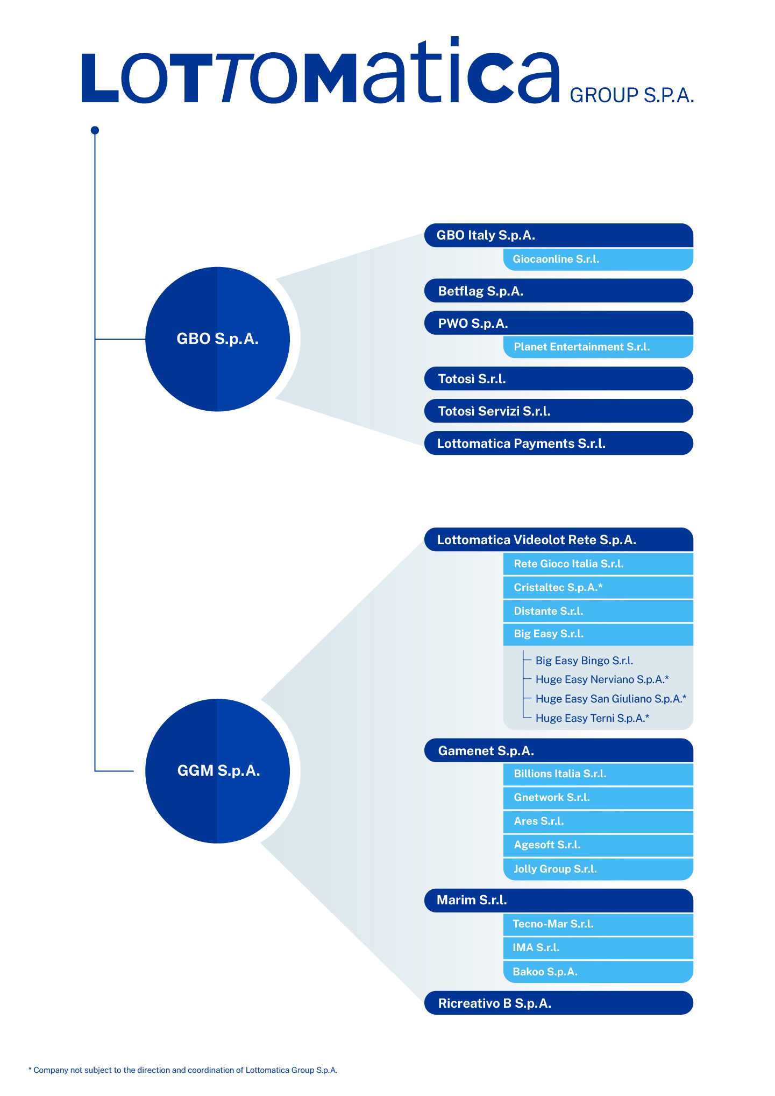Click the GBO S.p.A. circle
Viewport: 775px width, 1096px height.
tap(217, 339)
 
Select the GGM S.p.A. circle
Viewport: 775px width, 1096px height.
tap(217, 771)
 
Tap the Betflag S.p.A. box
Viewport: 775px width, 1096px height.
tap(558, 291)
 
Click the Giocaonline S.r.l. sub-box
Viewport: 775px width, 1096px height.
tap(598, 259)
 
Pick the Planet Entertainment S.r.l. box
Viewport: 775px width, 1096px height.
tap(598, 347)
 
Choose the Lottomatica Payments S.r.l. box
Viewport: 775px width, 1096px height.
tap(558, 443)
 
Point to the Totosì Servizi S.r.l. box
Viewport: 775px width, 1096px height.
tap(558, 411)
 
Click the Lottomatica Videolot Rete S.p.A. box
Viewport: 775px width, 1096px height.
tap(558, 539)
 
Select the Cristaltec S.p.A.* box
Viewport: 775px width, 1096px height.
tap(598, 587)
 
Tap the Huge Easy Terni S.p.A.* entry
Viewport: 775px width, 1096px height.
tap(592, 718)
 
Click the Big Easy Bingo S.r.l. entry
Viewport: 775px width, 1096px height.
tap(584, 661)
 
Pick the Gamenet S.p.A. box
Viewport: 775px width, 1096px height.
tap(558, 750)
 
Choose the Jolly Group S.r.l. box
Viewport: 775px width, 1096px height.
tap(598, 869)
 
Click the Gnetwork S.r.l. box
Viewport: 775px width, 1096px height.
tap(598, 797)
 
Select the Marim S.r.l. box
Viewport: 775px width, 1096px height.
tap(558, 900)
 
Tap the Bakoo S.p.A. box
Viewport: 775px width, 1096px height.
tap(598, 972)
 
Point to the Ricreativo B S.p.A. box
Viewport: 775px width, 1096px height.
tap(558, 1003)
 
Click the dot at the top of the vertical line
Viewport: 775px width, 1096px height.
tap(95, 130)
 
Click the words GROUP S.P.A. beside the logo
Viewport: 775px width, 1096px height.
tap(631, 95)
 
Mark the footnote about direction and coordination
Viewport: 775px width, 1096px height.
tap(183, 1070)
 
